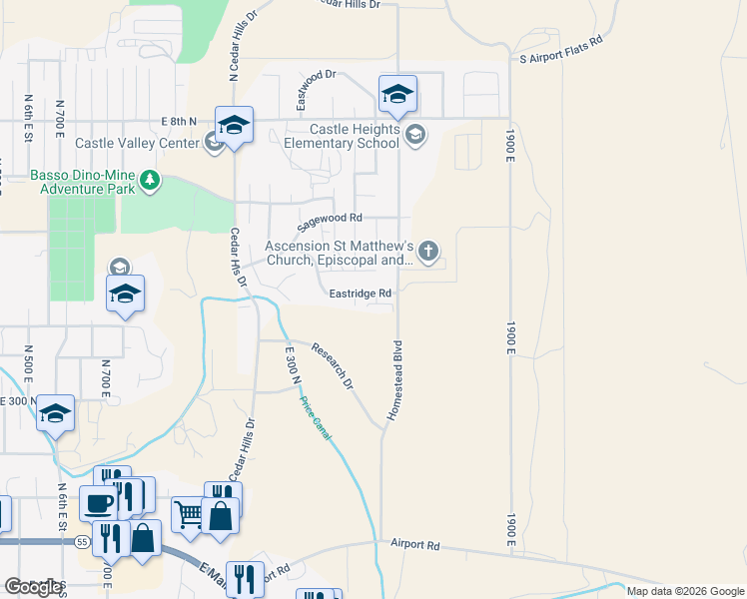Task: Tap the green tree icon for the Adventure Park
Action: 150,180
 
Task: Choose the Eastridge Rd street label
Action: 360,294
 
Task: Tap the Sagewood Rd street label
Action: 328,223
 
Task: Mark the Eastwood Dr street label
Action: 318,89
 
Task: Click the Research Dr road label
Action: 333,366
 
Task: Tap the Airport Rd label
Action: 415,545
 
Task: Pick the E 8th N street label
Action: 181,121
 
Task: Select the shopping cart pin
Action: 188,514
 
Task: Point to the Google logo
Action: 34,586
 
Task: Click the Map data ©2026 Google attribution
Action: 685,591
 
